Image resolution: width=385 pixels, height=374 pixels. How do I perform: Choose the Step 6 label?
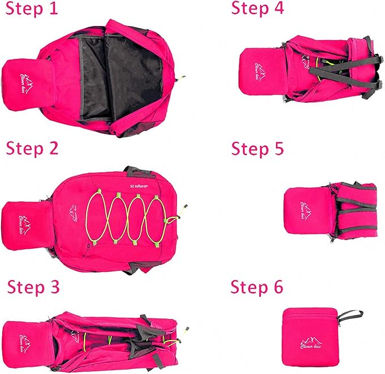pyautogui.click(x=257, y=287)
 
